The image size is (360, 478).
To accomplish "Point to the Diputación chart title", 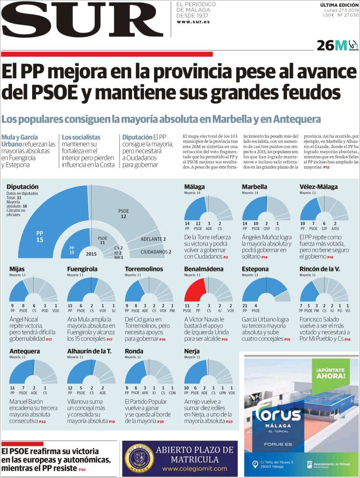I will point(23,186).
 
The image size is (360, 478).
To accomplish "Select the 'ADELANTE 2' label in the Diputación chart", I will point(153,239).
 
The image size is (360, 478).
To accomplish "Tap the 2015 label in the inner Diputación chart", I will point(91,254).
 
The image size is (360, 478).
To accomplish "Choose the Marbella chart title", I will point(254,186).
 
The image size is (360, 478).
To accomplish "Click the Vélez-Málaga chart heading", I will point(318,186).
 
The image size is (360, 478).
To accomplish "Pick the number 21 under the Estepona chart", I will point(245,306).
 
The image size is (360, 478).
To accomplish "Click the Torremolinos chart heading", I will point(144,269).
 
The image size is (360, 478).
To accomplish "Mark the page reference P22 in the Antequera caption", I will point(42,421).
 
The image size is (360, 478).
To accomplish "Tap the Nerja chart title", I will point(192,351).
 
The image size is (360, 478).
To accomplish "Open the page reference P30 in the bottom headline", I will point(82,469).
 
